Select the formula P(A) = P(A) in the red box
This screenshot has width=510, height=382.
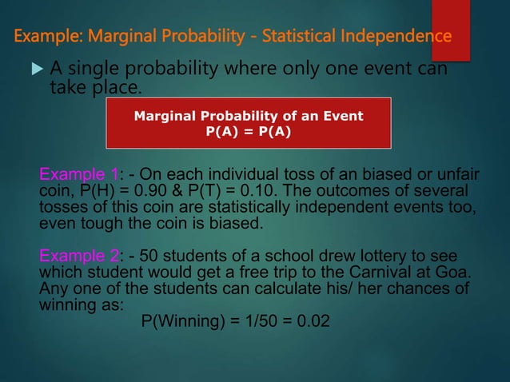(249, 133)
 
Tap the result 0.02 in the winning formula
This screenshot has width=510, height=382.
(312, 320)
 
